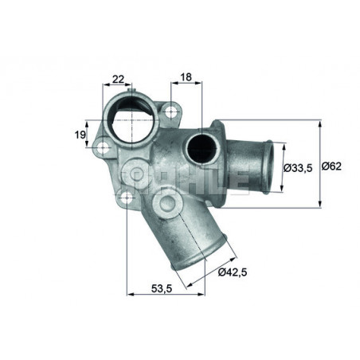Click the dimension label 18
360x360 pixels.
click(x=186, y=78)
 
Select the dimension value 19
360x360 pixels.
click(x=80, y=135)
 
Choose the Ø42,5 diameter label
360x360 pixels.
click(x=233, y=273)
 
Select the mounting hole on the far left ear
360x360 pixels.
click(x=101, y=147)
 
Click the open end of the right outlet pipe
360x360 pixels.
click(x=268, y=168)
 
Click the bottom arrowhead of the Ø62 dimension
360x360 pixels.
click(x=320, y=205)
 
